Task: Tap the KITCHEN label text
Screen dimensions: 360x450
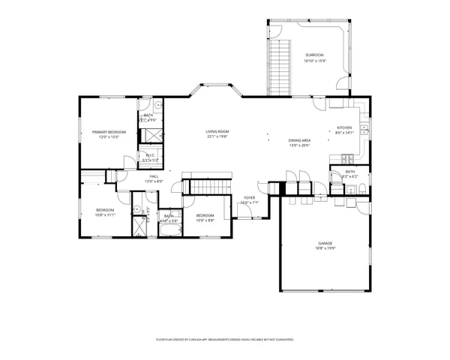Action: [344, 127]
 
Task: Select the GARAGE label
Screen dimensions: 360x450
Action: [325, 244]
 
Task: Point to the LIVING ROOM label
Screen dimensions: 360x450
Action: [217, 132]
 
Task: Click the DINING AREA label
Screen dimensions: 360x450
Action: [299, 140]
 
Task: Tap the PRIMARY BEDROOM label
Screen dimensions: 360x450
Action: [109, 132]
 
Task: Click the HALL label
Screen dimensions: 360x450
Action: [152, 175]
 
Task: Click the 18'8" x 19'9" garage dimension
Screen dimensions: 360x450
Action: [325, 249]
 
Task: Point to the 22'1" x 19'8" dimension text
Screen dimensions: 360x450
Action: [217, 137]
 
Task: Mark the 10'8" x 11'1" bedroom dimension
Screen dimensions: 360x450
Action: [104, 214]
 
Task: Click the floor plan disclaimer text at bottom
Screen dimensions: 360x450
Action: [225, 339]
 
